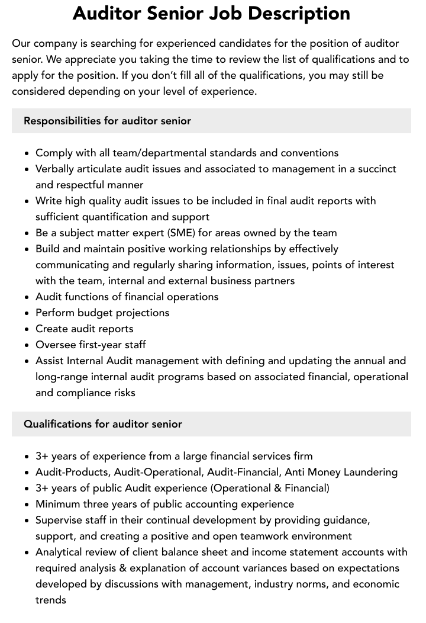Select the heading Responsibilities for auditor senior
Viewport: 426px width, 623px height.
(107, 121)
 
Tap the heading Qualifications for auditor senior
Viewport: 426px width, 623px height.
(103, 424)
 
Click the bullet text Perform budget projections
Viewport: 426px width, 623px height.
(102, 313)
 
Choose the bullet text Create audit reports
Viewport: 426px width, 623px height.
(85, 329)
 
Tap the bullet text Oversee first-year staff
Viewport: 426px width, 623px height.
(91, 345)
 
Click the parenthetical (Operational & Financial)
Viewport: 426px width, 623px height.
(270, 488)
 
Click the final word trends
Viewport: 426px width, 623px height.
(51, 600)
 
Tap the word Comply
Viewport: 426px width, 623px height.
(55, 153)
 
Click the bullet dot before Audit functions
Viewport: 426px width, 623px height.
(27, 297)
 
